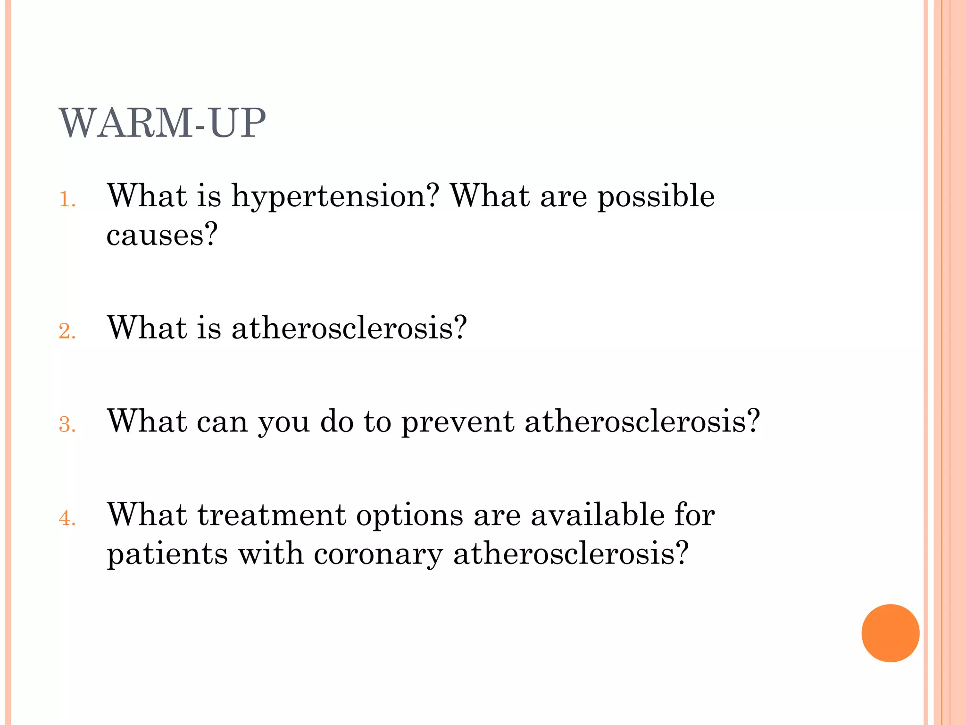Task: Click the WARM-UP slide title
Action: click(x=162, y=123)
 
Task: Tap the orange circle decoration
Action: click(x=890, y=633)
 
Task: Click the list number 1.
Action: click(x=67, y=200)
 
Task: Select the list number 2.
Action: click(x=67, y=331)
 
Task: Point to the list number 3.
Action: click(x=67, y=425)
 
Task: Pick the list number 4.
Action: click(x=67, y=518)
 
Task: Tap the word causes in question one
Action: click(x=162, y=235)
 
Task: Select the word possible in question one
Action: click(x=656, y=196)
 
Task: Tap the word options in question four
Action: click(x=409, y=515)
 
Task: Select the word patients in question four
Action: click(x=167, y=554)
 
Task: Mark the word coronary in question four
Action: click(x=378, y=555)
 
